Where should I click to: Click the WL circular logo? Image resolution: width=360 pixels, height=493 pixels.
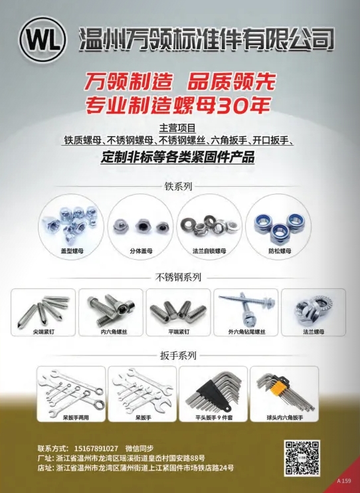pyautogui.click(x=43, y=41)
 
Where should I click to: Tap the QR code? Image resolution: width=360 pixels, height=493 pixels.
pyautogui.click(x=302, y=458)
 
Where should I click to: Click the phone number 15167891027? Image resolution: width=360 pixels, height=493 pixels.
pyautogui.click(x=96, y=448)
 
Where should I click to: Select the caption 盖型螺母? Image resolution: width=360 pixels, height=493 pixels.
pyautogui.click(x=72, y=251)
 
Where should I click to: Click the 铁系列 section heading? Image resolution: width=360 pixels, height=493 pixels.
pyautogui.click(x=178, y=187)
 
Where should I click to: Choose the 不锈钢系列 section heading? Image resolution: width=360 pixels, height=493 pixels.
pyautogui.click(x=178, y=277)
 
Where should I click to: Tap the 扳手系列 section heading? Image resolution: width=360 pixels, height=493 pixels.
pyautogui.click(x=178, y=355)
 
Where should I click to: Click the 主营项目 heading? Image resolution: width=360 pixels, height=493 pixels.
pyautogui.click(x=178, y=128)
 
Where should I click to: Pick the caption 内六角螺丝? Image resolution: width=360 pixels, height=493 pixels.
pyautogui.click(x=114, y=332)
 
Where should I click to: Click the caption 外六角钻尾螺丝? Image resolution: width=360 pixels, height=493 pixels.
pyautogui.click(x=247, y=332)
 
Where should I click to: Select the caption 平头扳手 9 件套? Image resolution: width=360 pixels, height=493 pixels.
pyautogui.click(x=214, y=417)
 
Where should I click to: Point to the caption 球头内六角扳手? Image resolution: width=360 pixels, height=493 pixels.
pyautogui.click(x=284, y=417)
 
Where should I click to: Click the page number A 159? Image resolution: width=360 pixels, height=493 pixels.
pyautogui.click(x=343, y=481)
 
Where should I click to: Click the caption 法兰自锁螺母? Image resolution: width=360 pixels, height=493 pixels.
pyautogui.click(x=209, y=251)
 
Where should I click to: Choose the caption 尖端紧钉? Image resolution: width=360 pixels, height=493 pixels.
pyautogui.click(x=43, y=332)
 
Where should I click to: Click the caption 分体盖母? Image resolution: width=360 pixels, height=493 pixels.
pyautogui.click(x=141, y=251)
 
